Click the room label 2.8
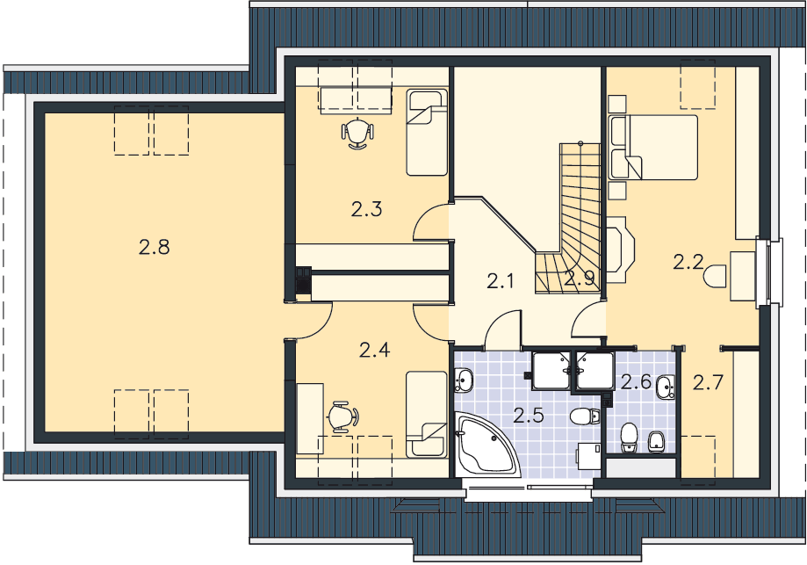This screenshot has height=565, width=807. (x=154, y=247)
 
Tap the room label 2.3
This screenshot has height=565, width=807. (x=366, y=209)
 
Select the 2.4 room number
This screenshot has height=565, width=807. (x=374, y=351)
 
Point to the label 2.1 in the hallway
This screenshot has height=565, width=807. (x=501, y=281)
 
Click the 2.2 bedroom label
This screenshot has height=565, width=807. (x=688, y=262)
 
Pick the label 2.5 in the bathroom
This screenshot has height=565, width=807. (x=529, y=415)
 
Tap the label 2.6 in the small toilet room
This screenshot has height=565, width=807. (x=636, y=381)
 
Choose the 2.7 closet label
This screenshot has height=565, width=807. (x=708, y=382)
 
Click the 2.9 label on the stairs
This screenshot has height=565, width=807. (x=580, y=279)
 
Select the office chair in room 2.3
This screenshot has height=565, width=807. (x=357, y=134)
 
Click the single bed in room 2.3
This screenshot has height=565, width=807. (x=427, y=133)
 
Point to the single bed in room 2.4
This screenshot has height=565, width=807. (x=426, y=415)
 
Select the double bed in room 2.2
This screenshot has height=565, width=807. (x=653, y=148)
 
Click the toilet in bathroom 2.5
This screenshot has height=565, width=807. (x=585, y=416)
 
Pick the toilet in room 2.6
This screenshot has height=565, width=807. (x=629, y=438)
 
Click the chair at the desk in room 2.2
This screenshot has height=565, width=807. (x=715, y=276)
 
